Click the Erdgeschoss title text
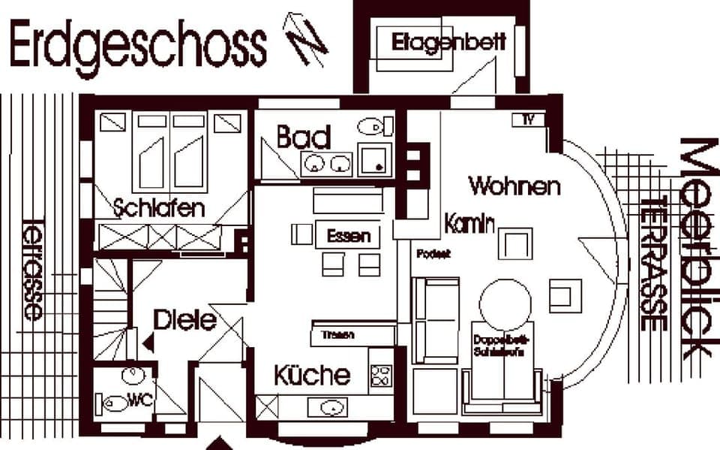137,45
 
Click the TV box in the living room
528,119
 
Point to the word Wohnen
514,185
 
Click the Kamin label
469,224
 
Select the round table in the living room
505,303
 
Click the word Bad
304,137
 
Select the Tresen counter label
337,335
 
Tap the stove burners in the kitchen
382,375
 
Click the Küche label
311,375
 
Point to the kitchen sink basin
332,408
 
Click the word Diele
184,321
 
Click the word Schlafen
160,208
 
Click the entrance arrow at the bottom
219,443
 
